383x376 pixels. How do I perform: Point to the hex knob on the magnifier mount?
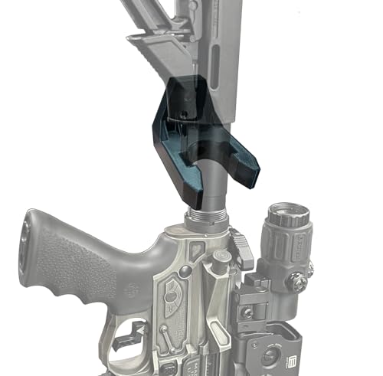[297, 281]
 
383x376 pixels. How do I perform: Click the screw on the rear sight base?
[247, 312]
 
